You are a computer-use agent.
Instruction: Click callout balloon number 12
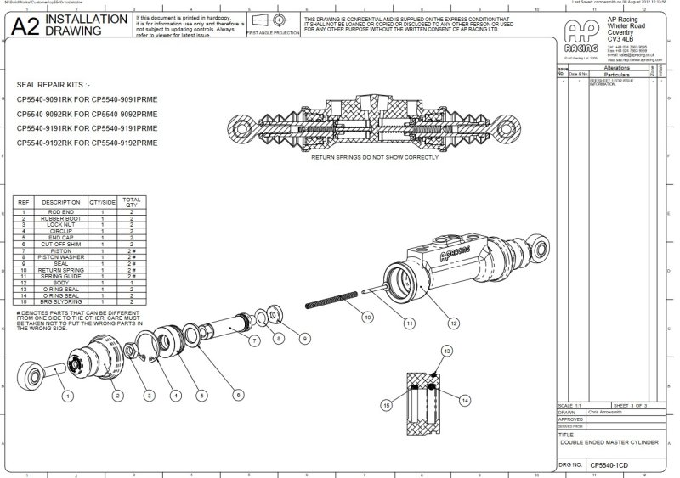pyautogui.click(x=453, y=323)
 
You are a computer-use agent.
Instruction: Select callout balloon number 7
pyautogui.click(x=253, y=341)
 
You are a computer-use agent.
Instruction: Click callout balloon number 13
pyautogui.click(x=445, y=351)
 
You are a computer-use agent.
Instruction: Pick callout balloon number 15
pyautogui.click(x=387, y=406)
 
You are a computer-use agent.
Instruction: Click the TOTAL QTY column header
pyautogui.click(x=132, y=202)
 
